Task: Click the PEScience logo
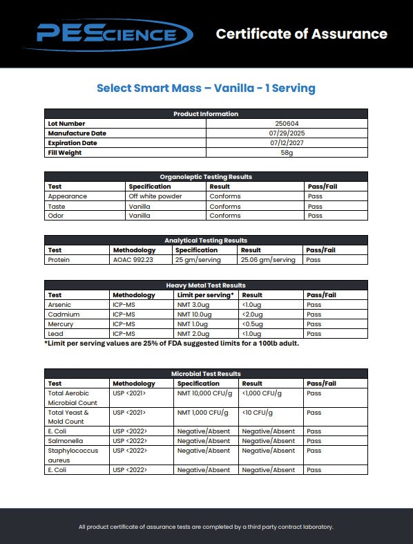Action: click(x=107, y=35)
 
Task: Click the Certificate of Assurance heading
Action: click(x=301, y=34)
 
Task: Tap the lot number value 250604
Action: click(x=287, y=124)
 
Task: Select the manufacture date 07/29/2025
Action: click(x=287, y=133)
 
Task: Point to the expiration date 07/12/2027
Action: click(x=287, y=143)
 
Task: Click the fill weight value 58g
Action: click(x=287, y=153)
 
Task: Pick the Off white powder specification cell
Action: click(x=156, y=196)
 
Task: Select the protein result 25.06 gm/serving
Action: click(x=267, y=260)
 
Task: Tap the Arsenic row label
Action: click(x=59, y=305)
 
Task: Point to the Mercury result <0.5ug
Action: click(x=253, y=324)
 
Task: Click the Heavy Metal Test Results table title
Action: click(x=206, y=285)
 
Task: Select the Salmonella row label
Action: click(x=64, y=441)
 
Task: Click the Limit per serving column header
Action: click(x=205, y=295)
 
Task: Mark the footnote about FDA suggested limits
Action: click(x=172, y=344)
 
